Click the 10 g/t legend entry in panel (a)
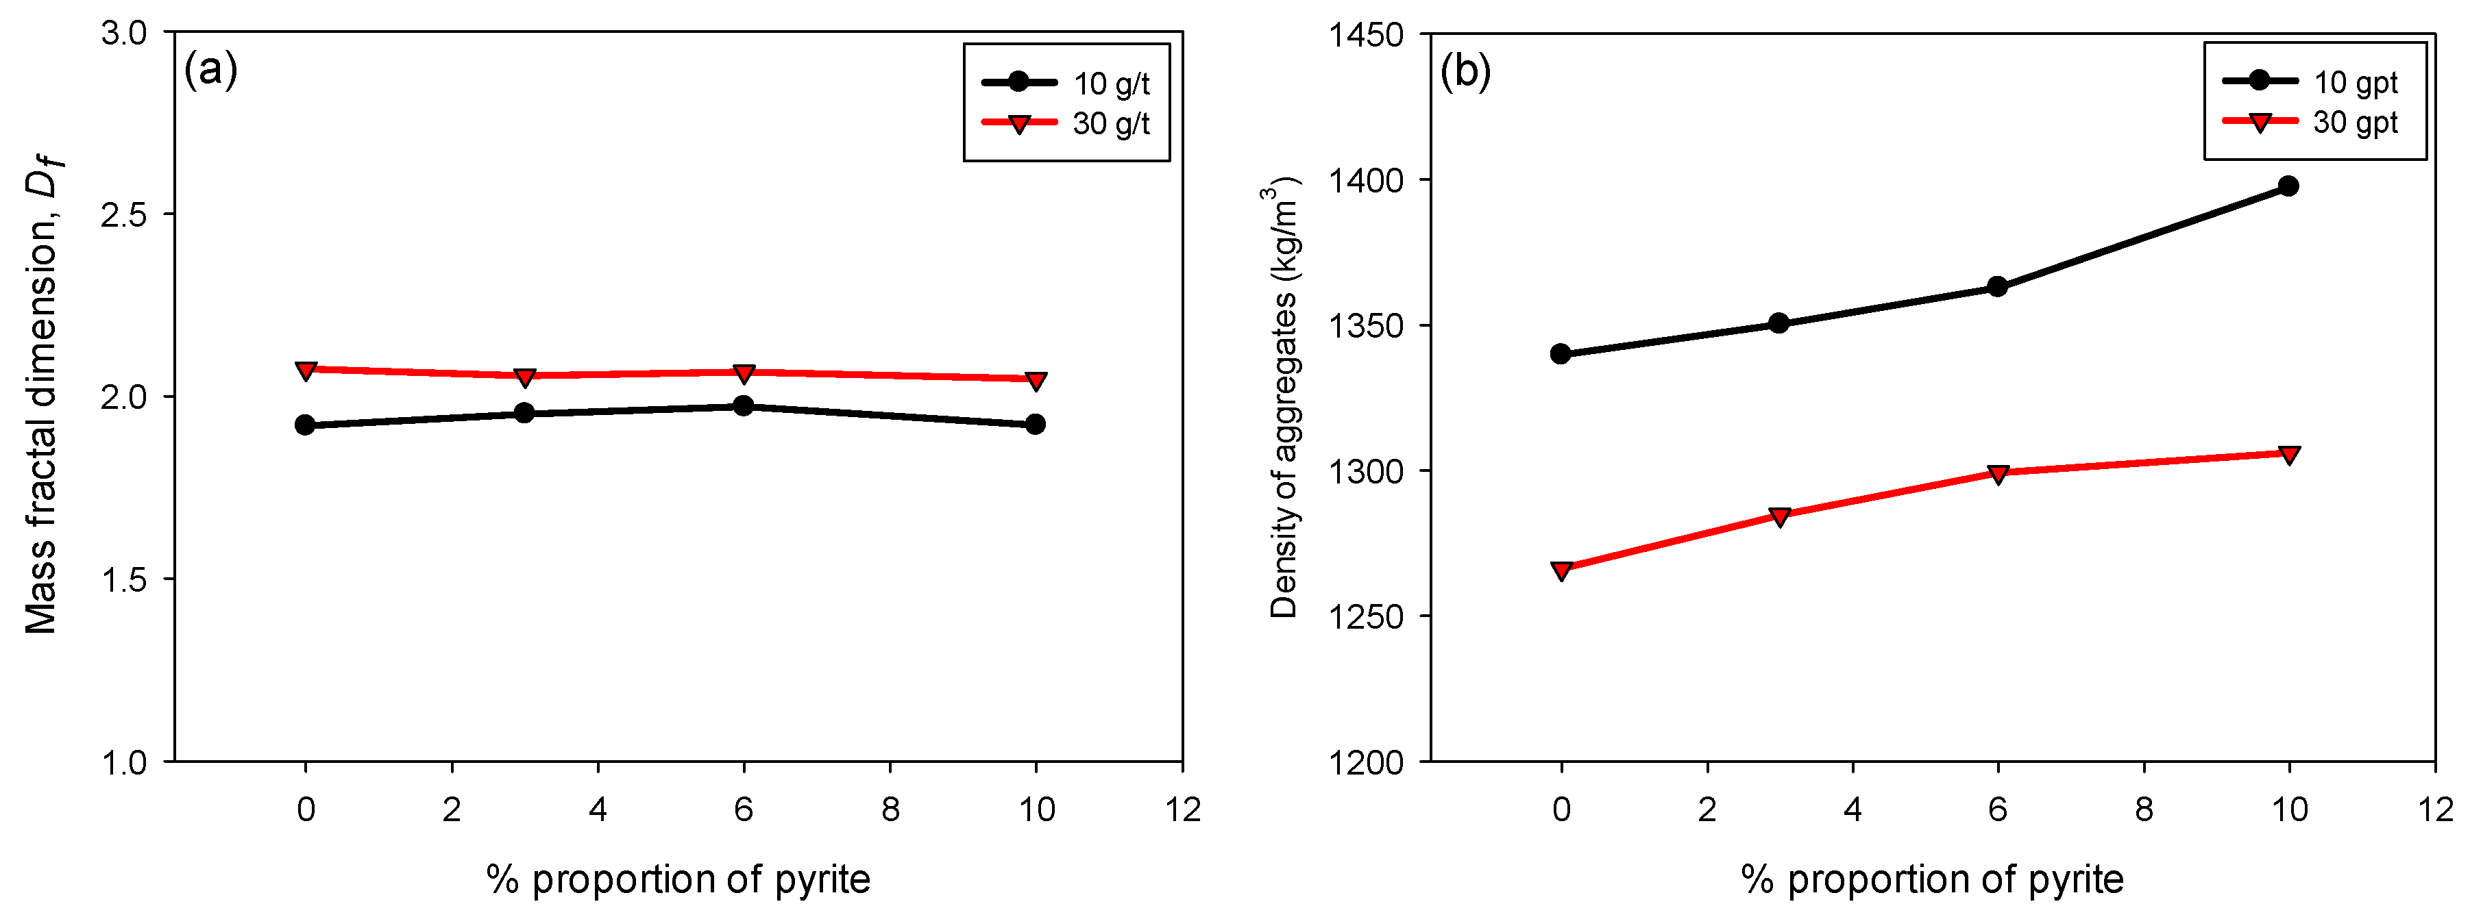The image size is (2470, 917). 1064,84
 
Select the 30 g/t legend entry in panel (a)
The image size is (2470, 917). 1064,123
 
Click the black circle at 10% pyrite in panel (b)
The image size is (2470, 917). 2288,186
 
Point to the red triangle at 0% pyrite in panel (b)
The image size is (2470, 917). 1561,571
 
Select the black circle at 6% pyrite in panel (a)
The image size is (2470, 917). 743,405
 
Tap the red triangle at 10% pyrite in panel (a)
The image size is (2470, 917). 1036,380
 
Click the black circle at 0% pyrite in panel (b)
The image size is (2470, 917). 1561,353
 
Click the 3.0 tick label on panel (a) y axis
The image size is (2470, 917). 123,33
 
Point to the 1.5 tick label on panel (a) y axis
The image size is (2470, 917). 123,579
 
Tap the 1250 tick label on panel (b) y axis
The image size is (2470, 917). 1365,617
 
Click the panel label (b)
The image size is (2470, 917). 1465,72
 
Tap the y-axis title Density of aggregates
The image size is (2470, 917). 1284,398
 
